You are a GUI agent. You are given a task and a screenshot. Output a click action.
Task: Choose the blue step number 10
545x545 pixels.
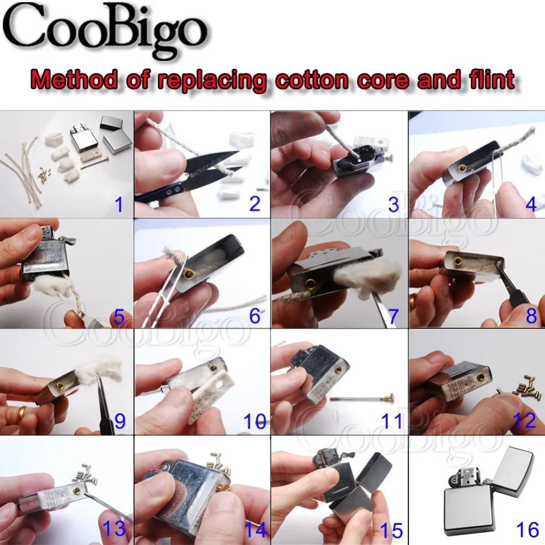(254, 421)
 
